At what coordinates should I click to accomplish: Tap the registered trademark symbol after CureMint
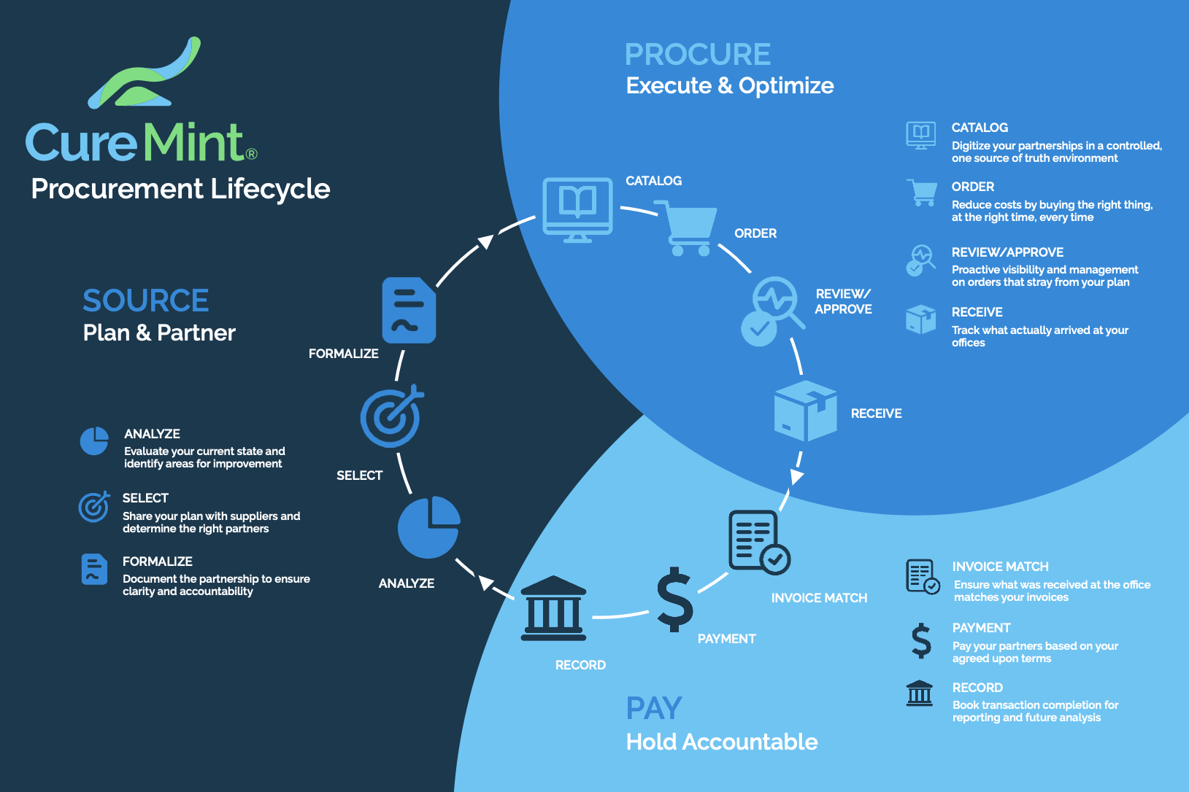(x=252, y=154)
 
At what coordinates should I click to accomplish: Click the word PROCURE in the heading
(x=698, y=54)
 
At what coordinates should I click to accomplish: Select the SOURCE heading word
(x=145, y=300)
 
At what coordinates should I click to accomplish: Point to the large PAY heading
(x=654, y=708)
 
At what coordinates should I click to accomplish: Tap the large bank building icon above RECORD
(x=553, y=608)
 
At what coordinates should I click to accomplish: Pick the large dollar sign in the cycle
(x=674, y=599)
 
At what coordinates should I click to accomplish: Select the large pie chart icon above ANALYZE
(x=429, y=527)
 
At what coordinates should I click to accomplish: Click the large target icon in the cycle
(x=392, y=416)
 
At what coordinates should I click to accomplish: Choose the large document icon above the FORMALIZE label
(x=409, y=310)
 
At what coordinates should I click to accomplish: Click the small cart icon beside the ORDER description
(x=921, y=192)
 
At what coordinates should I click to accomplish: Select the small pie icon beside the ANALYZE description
(x=94, y=440)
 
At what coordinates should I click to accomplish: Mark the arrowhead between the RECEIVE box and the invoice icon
(x=796, y=475)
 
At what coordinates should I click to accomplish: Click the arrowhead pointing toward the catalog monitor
(x=485, y=241)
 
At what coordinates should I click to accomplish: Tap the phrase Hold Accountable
(x=722, y=742)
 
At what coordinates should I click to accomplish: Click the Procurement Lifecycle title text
(x=180, y=189)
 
